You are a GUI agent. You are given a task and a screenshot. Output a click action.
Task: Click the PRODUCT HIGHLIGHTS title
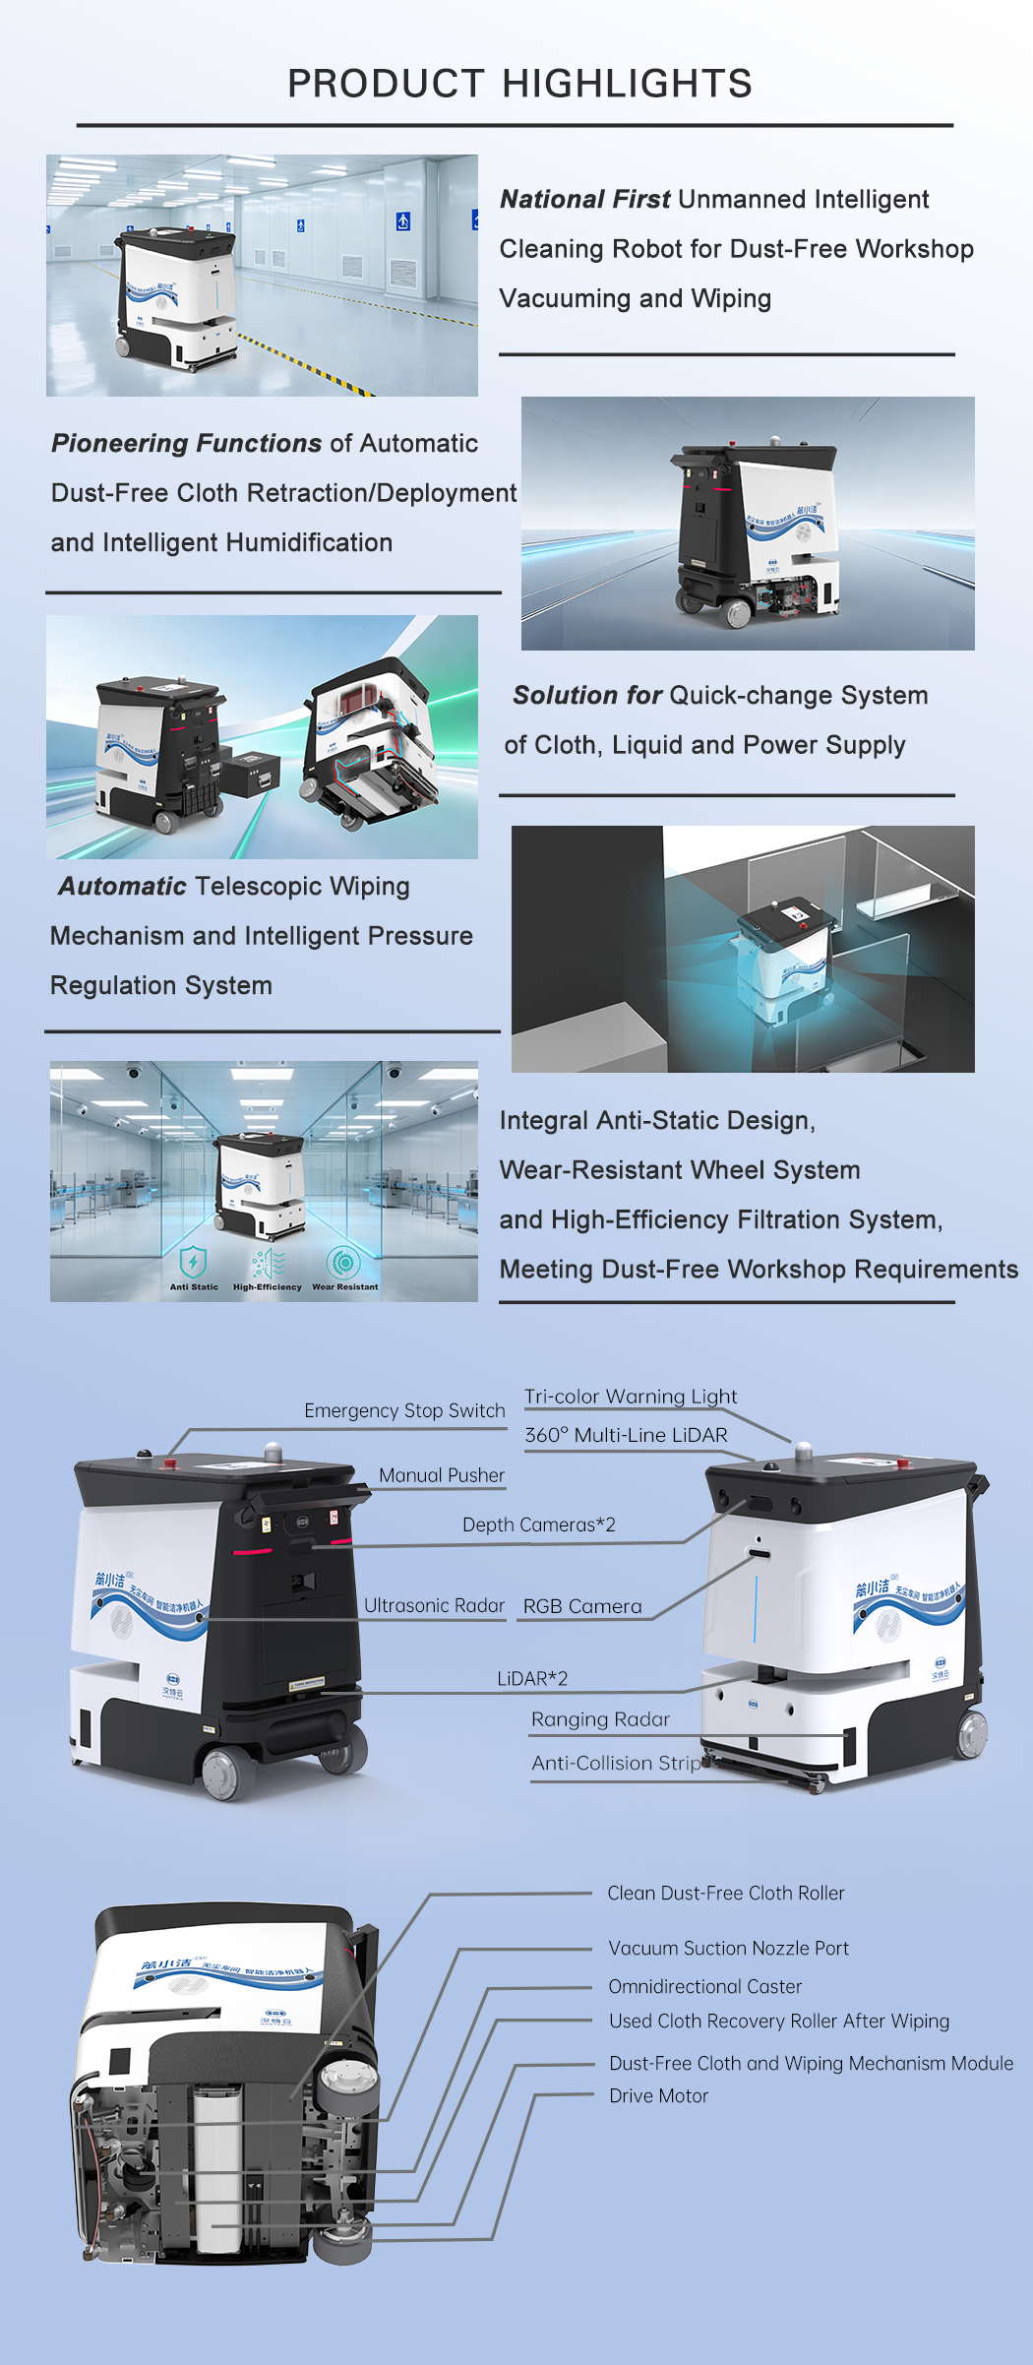[x=519, y=84]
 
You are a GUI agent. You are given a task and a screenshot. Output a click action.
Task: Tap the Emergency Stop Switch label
[x=404, y=1410]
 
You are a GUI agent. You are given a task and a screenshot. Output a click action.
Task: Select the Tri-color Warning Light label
[x=631, y=1397]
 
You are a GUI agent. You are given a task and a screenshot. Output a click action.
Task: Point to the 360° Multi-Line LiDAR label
[x=626, y=1435]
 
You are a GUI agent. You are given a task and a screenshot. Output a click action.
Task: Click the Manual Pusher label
[x=442, y=1475]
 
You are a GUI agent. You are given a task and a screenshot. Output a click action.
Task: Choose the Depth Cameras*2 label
[x=539, y=1525]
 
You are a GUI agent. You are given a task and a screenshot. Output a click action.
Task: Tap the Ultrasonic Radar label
[x=434, y=1605]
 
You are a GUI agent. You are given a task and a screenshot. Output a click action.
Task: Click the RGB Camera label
[x=582, y=1606]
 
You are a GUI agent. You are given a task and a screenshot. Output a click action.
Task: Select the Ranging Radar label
[x=600, y=1719]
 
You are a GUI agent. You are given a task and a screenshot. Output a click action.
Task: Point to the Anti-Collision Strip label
[x=616, y=1763]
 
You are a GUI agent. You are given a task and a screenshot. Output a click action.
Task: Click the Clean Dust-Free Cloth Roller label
[x=726, y=1893]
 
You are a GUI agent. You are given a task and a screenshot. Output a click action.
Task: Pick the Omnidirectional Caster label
[x=705, y=1986]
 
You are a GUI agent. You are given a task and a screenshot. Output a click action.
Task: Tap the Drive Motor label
[x=658, y=2095]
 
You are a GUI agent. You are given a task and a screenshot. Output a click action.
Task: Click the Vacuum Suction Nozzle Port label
[x=728, y=1948]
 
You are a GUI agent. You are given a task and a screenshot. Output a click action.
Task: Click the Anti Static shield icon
[x=194, y=1261]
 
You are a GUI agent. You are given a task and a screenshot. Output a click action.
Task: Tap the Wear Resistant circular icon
[x=343, y=1261]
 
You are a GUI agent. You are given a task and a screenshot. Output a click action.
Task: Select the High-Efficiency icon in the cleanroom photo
[x=268, y=1262]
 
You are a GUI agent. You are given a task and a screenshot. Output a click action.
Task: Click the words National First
[x=585, y=200]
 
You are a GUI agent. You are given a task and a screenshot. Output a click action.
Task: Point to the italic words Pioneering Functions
[x=187, y=444]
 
